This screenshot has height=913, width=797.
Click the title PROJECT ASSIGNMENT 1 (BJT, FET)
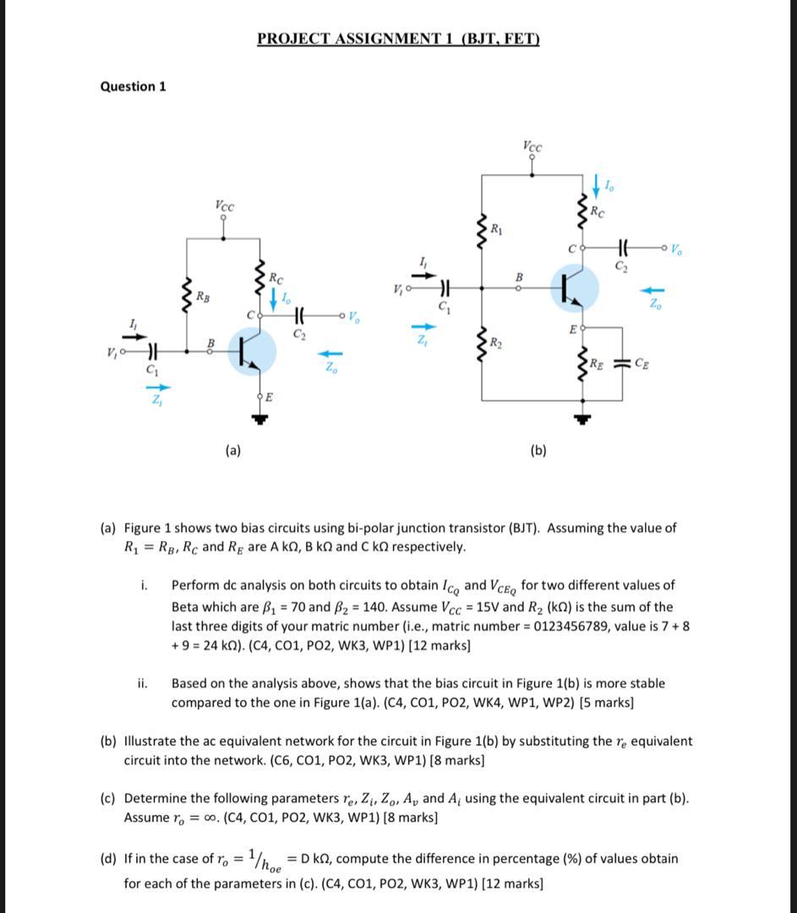click(x=398, y=39)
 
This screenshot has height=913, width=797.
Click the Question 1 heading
click(x=133, y=86)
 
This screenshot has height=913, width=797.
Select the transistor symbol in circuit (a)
click(x=252, y=351)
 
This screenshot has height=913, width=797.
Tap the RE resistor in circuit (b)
click(x=581, y=364)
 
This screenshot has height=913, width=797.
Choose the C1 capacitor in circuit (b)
click(x=444, y=288)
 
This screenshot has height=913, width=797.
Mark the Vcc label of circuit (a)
click(x=224, y=205)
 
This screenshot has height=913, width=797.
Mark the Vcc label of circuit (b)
click(x=532, y=146)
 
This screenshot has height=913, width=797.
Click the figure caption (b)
click(x=538, y=451)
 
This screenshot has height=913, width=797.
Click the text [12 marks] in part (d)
click(x=512, y=884)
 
